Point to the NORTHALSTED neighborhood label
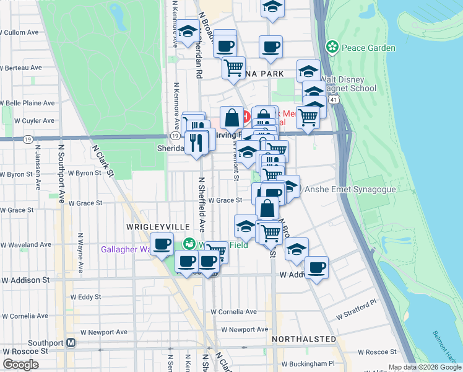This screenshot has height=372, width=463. tap(304, 339)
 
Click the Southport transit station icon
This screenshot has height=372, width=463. tap(71, 342)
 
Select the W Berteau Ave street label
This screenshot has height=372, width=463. tap(23, 68)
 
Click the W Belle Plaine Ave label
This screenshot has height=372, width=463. tap(28, 103)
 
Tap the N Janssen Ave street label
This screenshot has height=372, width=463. tap(37, 167)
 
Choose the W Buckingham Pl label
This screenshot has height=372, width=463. tap(307, 363)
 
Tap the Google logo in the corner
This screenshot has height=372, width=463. tap(20, 365)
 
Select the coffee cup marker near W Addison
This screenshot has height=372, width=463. tap(316, 267)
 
